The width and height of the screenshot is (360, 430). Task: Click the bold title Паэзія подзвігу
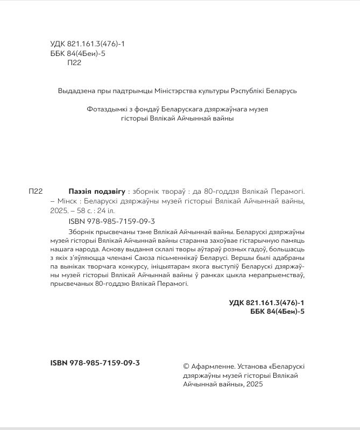pyautogui.click(x=97, y=192)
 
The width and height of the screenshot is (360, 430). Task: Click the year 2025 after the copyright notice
pyautogui.click(x=255, y=385)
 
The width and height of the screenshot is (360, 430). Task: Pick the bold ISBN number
pyautogui.click(x=95, y=363)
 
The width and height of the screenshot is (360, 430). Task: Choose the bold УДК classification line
pyautogui.click(x=267, y=304)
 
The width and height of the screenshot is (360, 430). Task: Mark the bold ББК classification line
pyautogui.click(x=274, y=313)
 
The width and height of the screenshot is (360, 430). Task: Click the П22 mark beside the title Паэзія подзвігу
pyautogui.click(x=35, y=192)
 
